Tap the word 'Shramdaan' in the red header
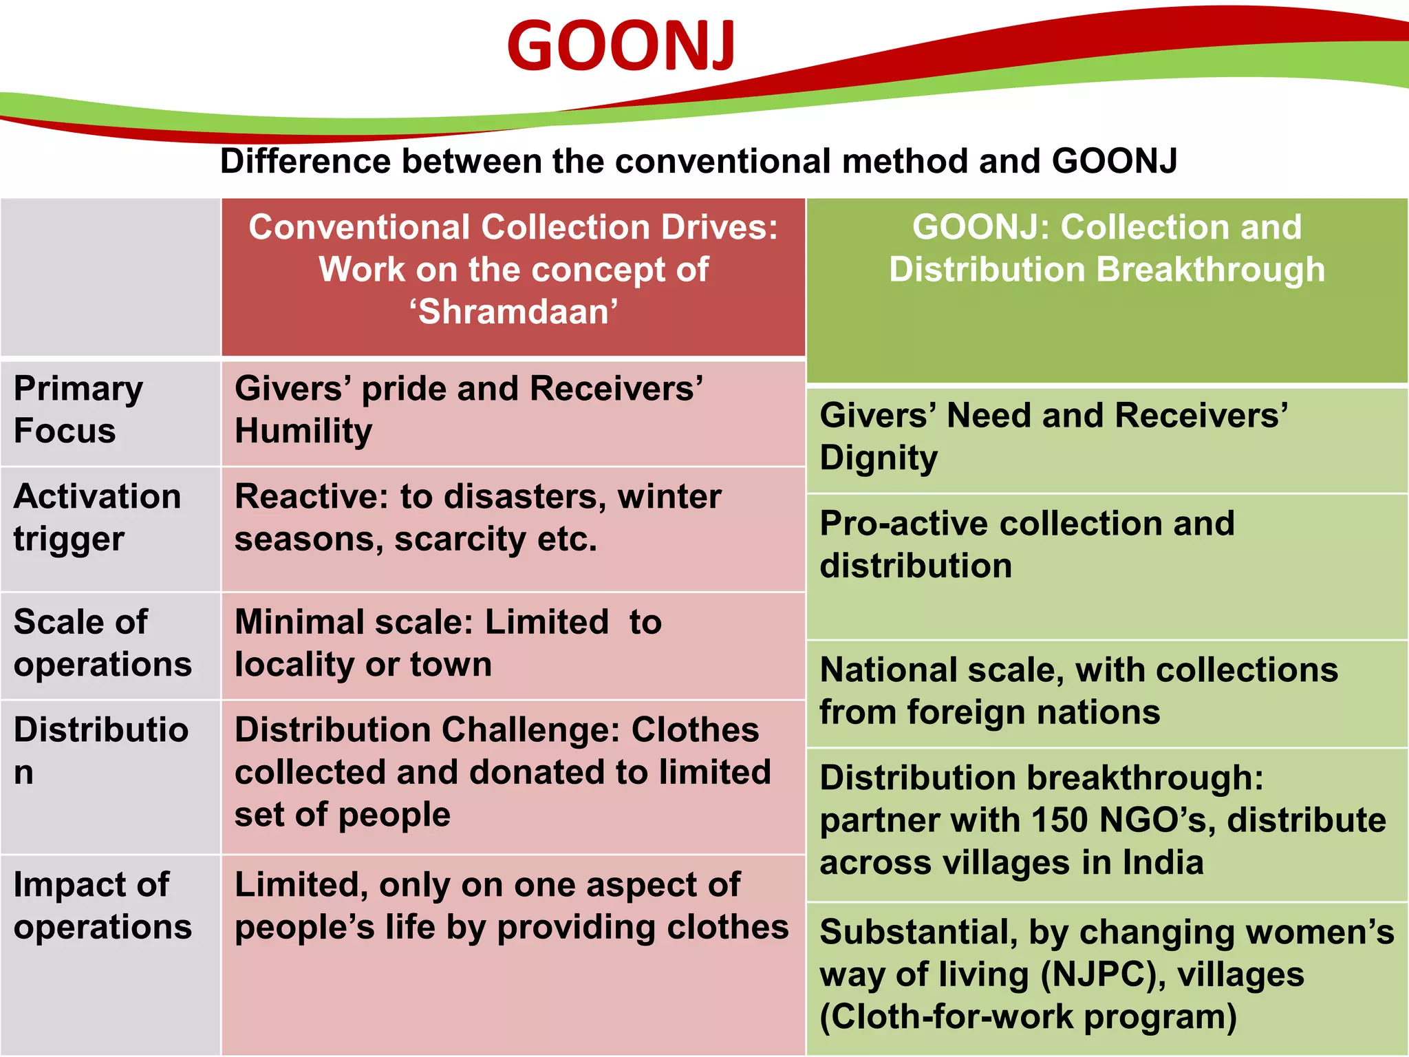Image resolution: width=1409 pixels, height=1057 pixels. pos(514,312)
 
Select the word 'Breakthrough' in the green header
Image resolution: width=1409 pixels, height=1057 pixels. pos(1210,269)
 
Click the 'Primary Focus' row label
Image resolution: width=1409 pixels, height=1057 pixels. pos(78,409)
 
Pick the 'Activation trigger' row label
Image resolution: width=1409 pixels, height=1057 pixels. pos(97,517)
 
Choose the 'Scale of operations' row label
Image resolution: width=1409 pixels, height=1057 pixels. pos(102,643)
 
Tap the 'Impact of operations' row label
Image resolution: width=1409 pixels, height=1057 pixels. pos(102,906)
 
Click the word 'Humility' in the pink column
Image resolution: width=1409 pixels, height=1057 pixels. pos(303,431)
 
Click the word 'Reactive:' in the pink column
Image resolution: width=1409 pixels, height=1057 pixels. pos(310,497)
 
